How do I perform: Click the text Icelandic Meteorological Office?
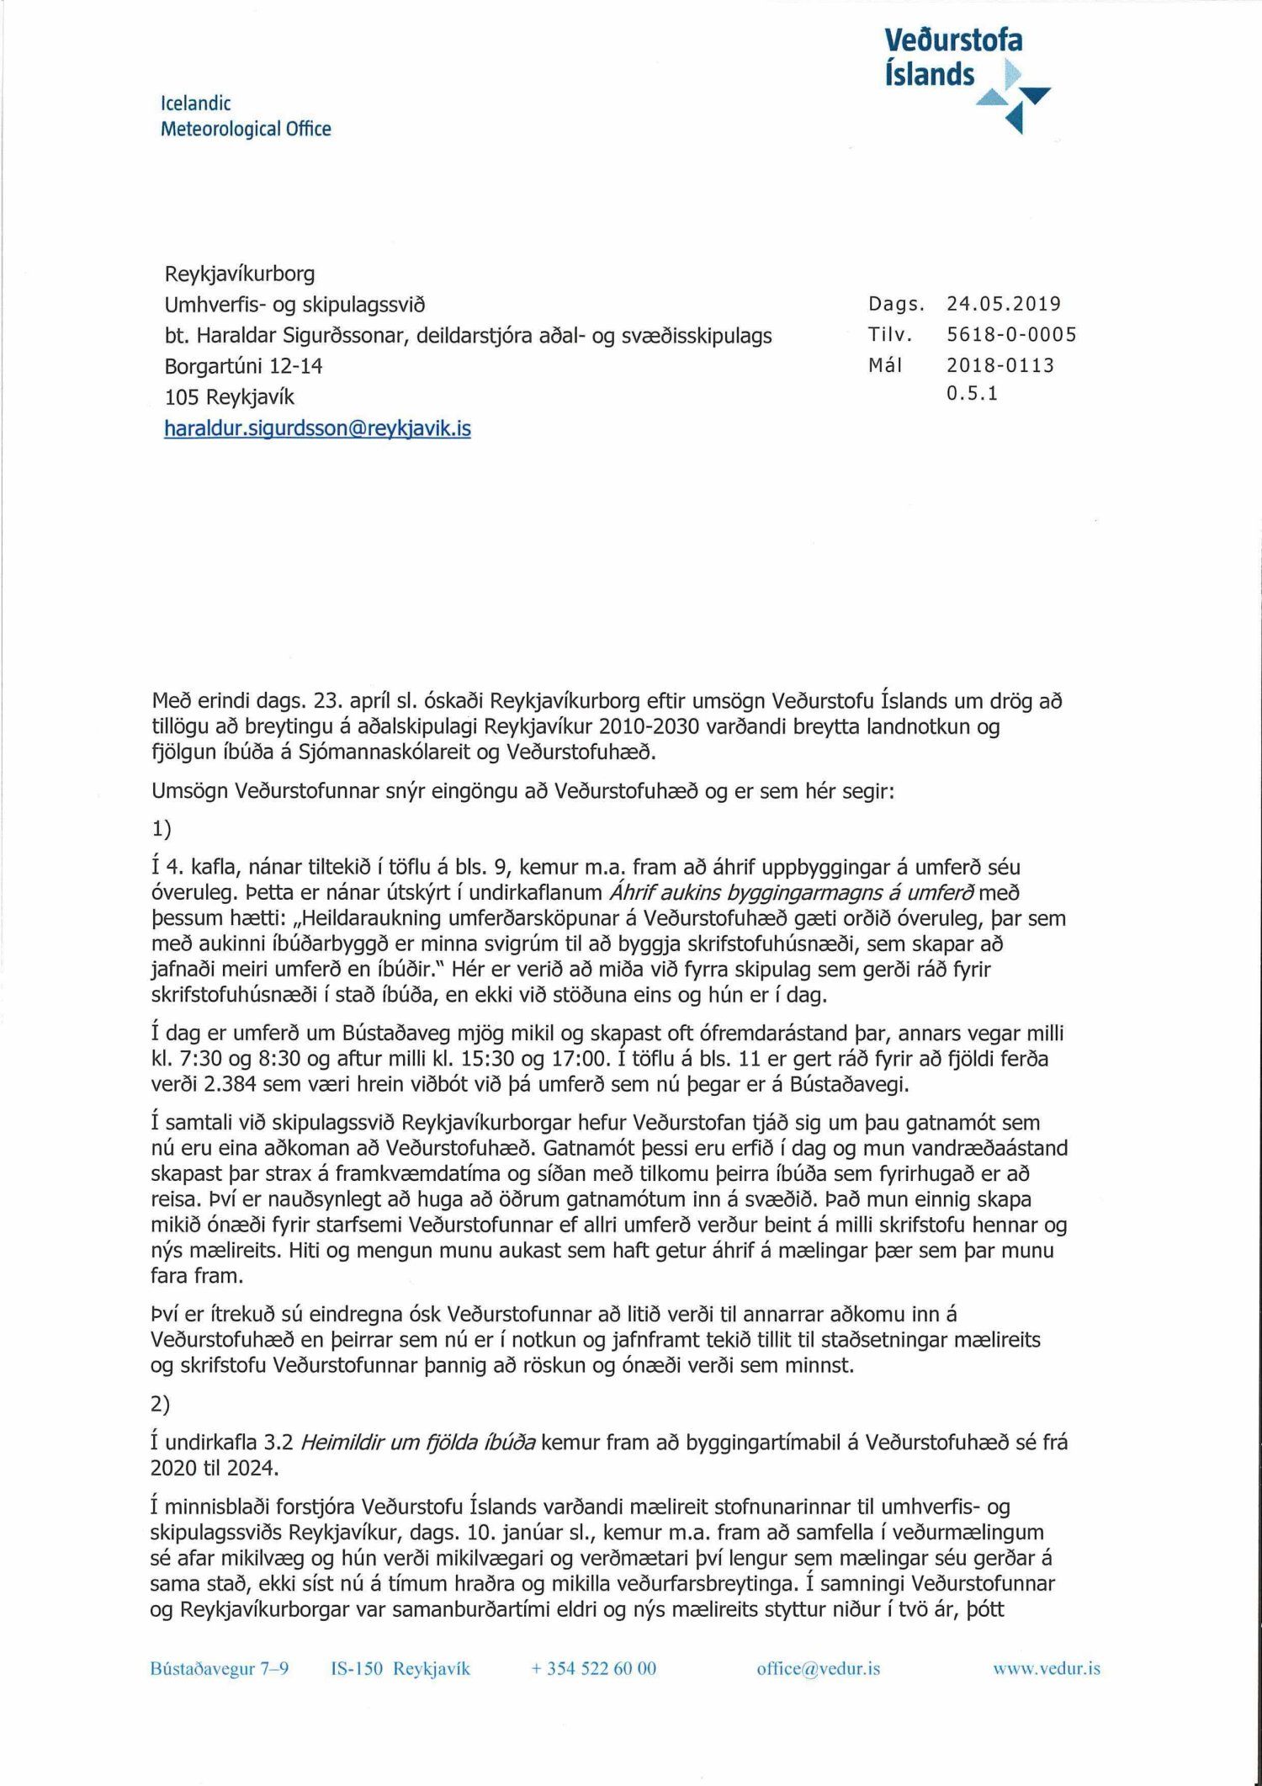245,116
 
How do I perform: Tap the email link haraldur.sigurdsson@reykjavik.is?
317,428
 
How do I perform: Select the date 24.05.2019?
1003,304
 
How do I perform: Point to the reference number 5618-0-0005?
1010,335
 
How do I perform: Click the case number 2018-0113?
1000,365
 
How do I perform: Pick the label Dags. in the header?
896,304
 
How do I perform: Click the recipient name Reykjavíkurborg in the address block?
240,274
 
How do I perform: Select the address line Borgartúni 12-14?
243,366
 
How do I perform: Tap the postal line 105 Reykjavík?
229,396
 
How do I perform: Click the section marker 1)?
161,829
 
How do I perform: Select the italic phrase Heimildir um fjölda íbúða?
417,1443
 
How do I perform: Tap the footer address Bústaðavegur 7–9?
220,1668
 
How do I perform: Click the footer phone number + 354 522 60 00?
593,1668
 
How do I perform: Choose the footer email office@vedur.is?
818,1668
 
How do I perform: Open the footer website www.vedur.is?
1046,1668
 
